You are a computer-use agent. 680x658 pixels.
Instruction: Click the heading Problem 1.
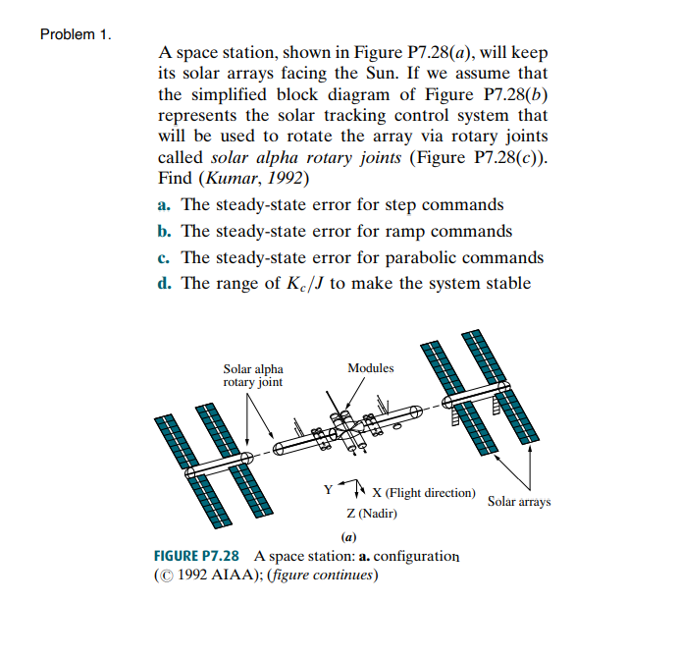(x=76, y=34)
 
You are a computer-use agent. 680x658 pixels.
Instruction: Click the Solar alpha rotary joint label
(x=252, y=375)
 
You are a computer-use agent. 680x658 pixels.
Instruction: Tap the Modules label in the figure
(x=370, y=368)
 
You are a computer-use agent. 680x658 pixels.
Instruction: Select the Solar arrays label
(x=519, y=502)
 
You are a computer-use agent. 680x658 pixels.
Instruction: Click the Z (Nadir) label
(x=372, y=514)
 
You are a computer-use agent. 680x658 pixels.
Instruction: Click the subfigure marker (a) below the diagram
(x=347, y=537)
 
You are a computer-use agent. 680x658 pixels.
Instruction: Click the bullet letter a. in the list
(x=164, y=204)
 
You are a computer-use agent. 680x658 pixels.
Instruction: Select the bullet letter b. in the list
(x=165, y=231)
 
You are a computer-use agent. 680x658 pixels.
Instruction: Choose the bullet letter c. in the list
(x=164, y=257)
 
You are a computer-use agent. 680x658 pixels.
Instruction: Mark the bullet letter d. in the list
(x=165, y=284)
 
